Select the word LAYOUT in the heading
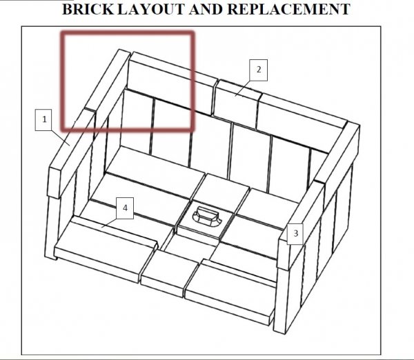(150, 9)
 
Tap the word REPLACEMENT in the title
(288, 9)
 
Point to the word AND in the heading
(206, 9)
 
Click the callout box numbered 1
(43, 119)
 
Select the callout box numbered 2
(259, 70)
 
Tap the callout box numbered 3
(295, 234)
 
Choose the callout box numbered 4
(125, 208)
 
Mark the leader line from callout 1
(61, 137)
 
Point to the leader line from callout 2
(243, 89)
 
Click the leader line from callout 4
(109, 223)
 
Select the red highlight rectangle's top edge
(128, 32)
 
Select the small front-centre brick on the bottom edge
(169, 273)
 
